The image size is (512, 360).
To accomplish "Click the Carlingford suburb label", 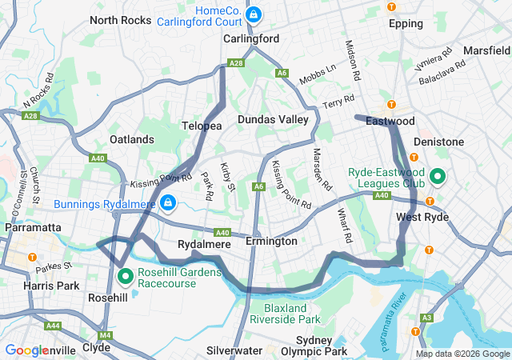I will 251,38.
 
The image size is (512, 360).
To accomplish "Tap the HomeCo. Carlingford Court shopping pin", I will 253,14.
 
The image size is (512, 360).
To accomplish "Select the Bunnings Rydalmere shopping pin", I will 168,203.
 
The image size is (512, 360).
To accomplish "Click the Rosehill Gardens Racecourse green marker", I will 126,277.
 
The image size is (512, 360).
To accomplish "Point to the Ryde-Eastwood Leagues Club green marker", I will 438,176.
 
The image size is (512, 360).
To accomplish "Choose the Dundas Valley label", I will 273,119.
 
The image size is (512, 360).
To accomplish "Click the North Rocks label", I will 115,20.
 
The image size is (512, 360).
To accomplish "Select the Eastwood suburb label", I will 390,121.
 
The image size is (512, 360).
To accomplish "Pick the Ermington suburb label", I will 271,241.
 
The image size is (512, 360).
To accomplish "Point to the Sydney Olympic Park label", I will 309,346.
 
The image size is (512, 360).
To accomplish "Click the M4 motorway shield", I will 106,335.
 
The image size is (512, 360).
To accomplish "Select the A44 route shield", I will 54,326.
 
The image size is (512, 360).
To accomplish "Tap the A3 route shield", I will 426,318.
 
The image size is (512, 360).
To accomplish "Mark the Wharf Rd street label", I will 343,226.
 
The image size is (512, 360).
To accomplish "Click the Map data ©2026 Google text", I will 462,354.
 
